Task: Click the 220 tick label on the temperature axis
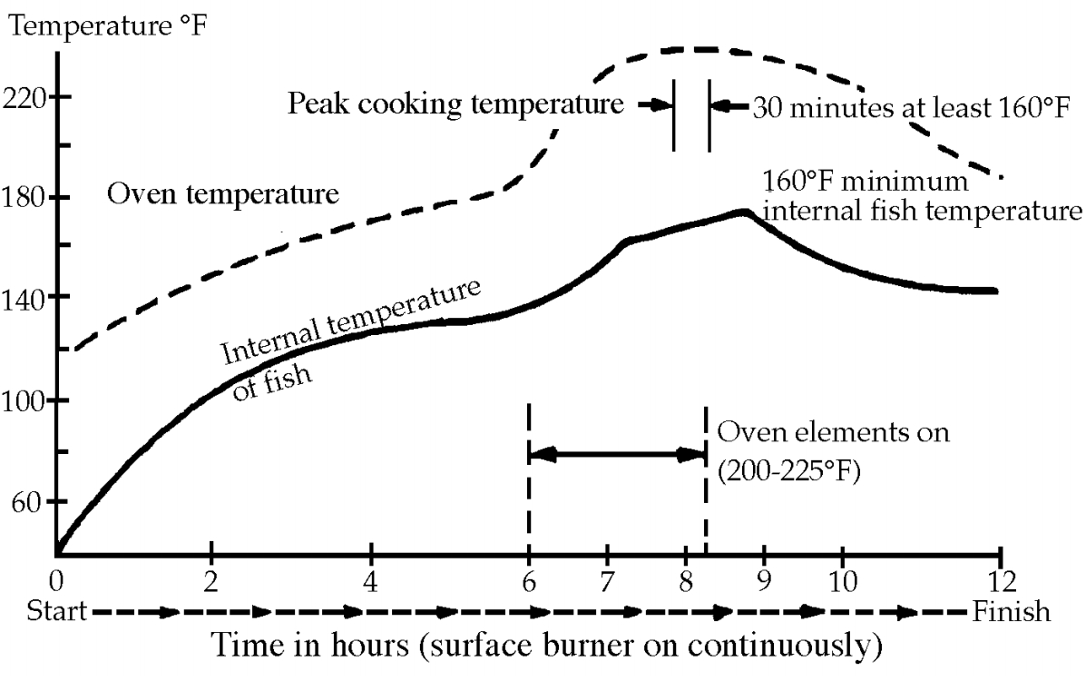coord(26,97)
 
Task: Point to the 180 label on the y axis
coord(26,197)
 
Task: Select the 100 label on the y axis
coord(26,400)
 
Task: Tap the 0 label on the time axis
coord(57,577)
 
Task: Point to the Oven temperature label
coord(223,194)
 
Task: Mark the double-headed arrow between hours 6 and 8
coord(617,452)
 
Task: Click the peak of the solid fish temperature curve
coord(744,212)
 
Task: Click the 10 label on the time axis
coord(843,577)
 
